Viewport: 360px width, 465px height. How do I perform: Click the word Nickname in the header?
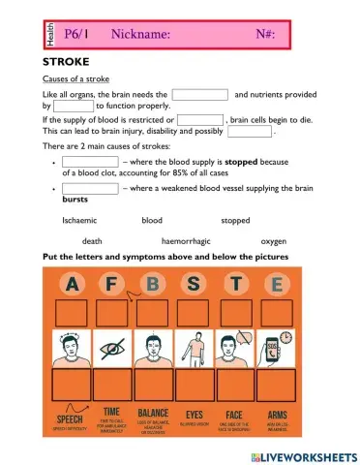[141, 35]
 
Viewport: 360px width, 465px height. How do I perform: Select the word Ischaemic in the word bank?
[79, 221]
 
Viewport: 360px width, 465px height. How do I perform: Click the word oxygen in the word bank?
[274, 241]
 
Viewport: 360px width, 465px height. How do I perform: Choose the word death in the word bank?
[92, 241]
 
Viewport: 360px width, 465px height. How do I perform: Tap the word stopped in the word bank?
[235, 221]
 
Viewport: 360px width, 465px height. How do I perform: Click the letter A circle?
[73, 286]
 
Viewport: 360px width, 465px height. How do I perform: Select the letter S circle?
[195, 286]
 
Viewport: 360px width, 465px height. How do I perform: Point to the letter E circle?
[277, 286]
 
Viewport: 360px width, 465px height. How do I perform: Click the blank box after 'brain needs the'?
[199, 95]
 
